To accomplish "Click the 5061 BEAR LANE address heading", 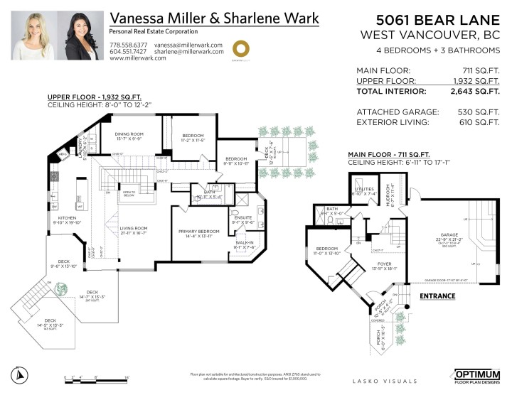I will (x=432, y=17).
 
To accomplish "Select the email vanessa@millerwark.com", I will (x=188, y=44).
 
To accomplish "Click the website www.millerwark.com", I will (x=138, y=58).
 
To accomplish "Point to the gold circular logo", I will (x=242, y=48).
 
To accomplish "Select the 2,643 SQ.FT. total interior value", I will (x=474, y=91).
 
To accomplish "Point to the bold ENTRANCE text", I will (x=438, y=295).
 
